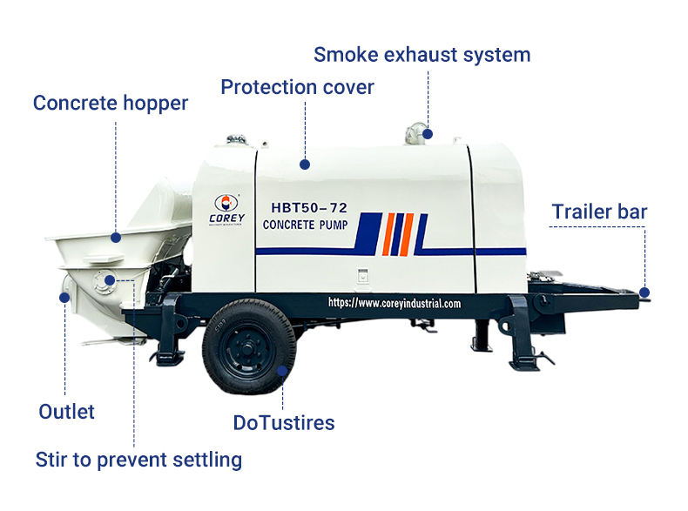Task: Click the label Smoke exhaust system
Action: coord(422,56)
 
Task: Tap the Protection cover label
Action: coord(297,87)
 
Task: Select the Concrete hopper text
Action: coord(110,104)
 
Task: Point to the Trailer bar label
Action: coord(599,212)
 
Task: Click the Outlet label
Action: coord(66,412)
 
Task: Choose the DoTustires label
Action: coord(284,423)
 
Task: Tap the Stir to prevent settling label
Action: coord(138,461)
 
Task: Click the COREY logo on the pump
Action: coord(226,210)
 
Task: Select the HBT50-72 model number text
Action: coord(309,207)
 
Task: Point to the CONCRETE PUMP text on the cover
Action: coord(306,225)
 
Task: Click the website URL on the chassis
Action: coord(395,303)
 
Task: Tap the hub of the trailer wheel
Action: coord(248,349)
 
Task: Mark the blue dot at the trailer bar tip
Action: coord(644,292)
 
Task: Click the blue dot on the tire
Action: coord(282,371)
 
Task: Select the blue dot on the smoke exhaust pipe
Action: coord(428,134)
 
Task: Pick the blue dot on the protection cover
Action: coord(305,165)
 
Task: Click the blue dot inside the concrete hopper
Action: coord(116,238)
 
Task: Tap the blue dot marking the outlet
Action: coord(64,298)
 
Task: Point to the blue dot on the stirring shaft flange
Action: coord(110,280)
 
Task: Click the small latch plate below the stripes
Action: coord(362,276)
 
